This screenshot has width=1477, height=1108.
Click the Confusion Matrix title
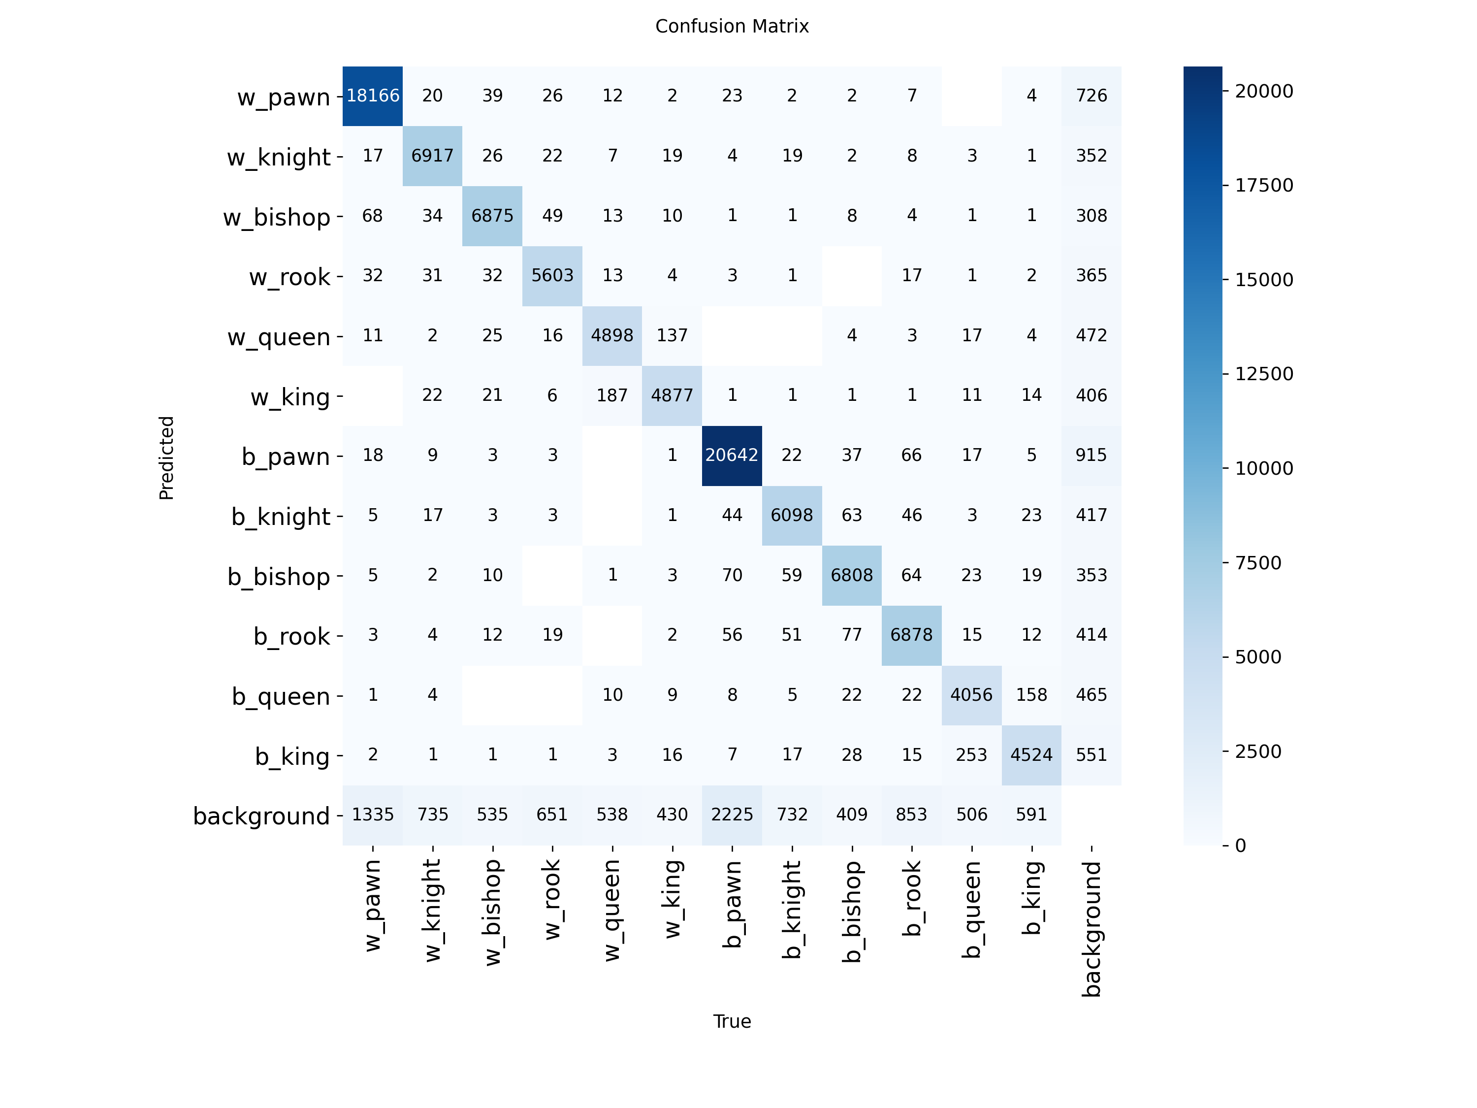732,26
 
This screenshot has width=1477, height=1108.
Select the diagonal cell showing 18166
373,96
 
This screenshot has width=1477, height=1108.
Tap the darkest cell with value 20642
732,455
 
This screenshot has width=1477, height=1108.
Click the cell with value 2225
732,815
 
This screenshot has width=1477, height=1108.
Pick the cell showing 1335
373,815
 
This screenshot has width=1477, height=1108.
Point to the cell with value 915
1091,455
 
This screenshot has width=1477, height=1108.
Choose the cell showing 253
971,755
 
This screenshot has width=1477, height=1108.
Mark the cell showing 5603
552,275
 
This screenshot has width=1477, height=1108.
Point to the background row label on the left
262,816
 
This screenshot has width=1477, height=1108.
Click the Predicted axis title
166,457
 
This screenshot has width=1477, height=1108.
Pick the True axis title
732,1021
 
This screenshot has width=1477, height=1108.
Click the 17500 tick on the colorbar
1263,185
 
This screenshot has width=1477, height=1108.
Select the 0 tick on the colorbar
1240,846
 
